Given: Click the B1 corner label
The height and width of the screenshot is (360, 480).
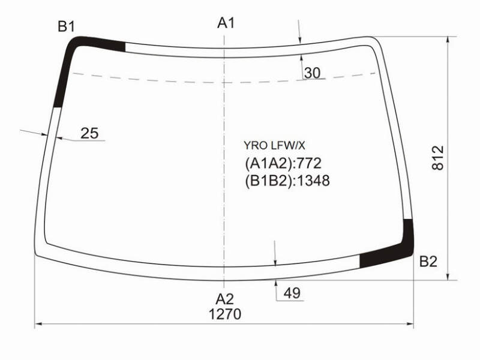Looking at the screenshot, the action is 66,26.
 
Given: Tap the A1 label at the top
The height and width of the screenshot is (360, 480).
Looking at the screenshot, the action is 226,23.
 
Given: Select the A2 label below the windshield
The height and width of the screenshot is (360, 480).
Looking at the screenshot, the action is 225,299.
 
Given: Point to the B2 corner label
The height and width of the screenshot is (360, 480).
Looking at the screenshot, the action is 428,262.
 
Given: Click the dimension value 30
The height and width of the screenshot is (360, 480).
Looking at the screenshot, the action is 313,73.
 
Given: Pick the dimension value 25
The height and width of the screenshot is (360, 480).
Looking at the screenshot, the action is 89,133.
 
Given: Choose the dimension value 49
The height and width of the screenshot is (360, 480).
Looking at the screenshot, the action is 292,293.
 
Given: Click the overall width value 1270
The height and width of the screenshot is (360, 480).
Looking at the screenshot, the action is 225,314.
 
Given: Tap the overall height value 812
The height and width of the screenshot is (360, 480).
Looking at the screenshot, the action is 438,158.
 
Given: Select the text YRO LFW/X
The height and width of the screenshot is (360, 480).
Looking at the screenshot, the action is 274,146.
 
